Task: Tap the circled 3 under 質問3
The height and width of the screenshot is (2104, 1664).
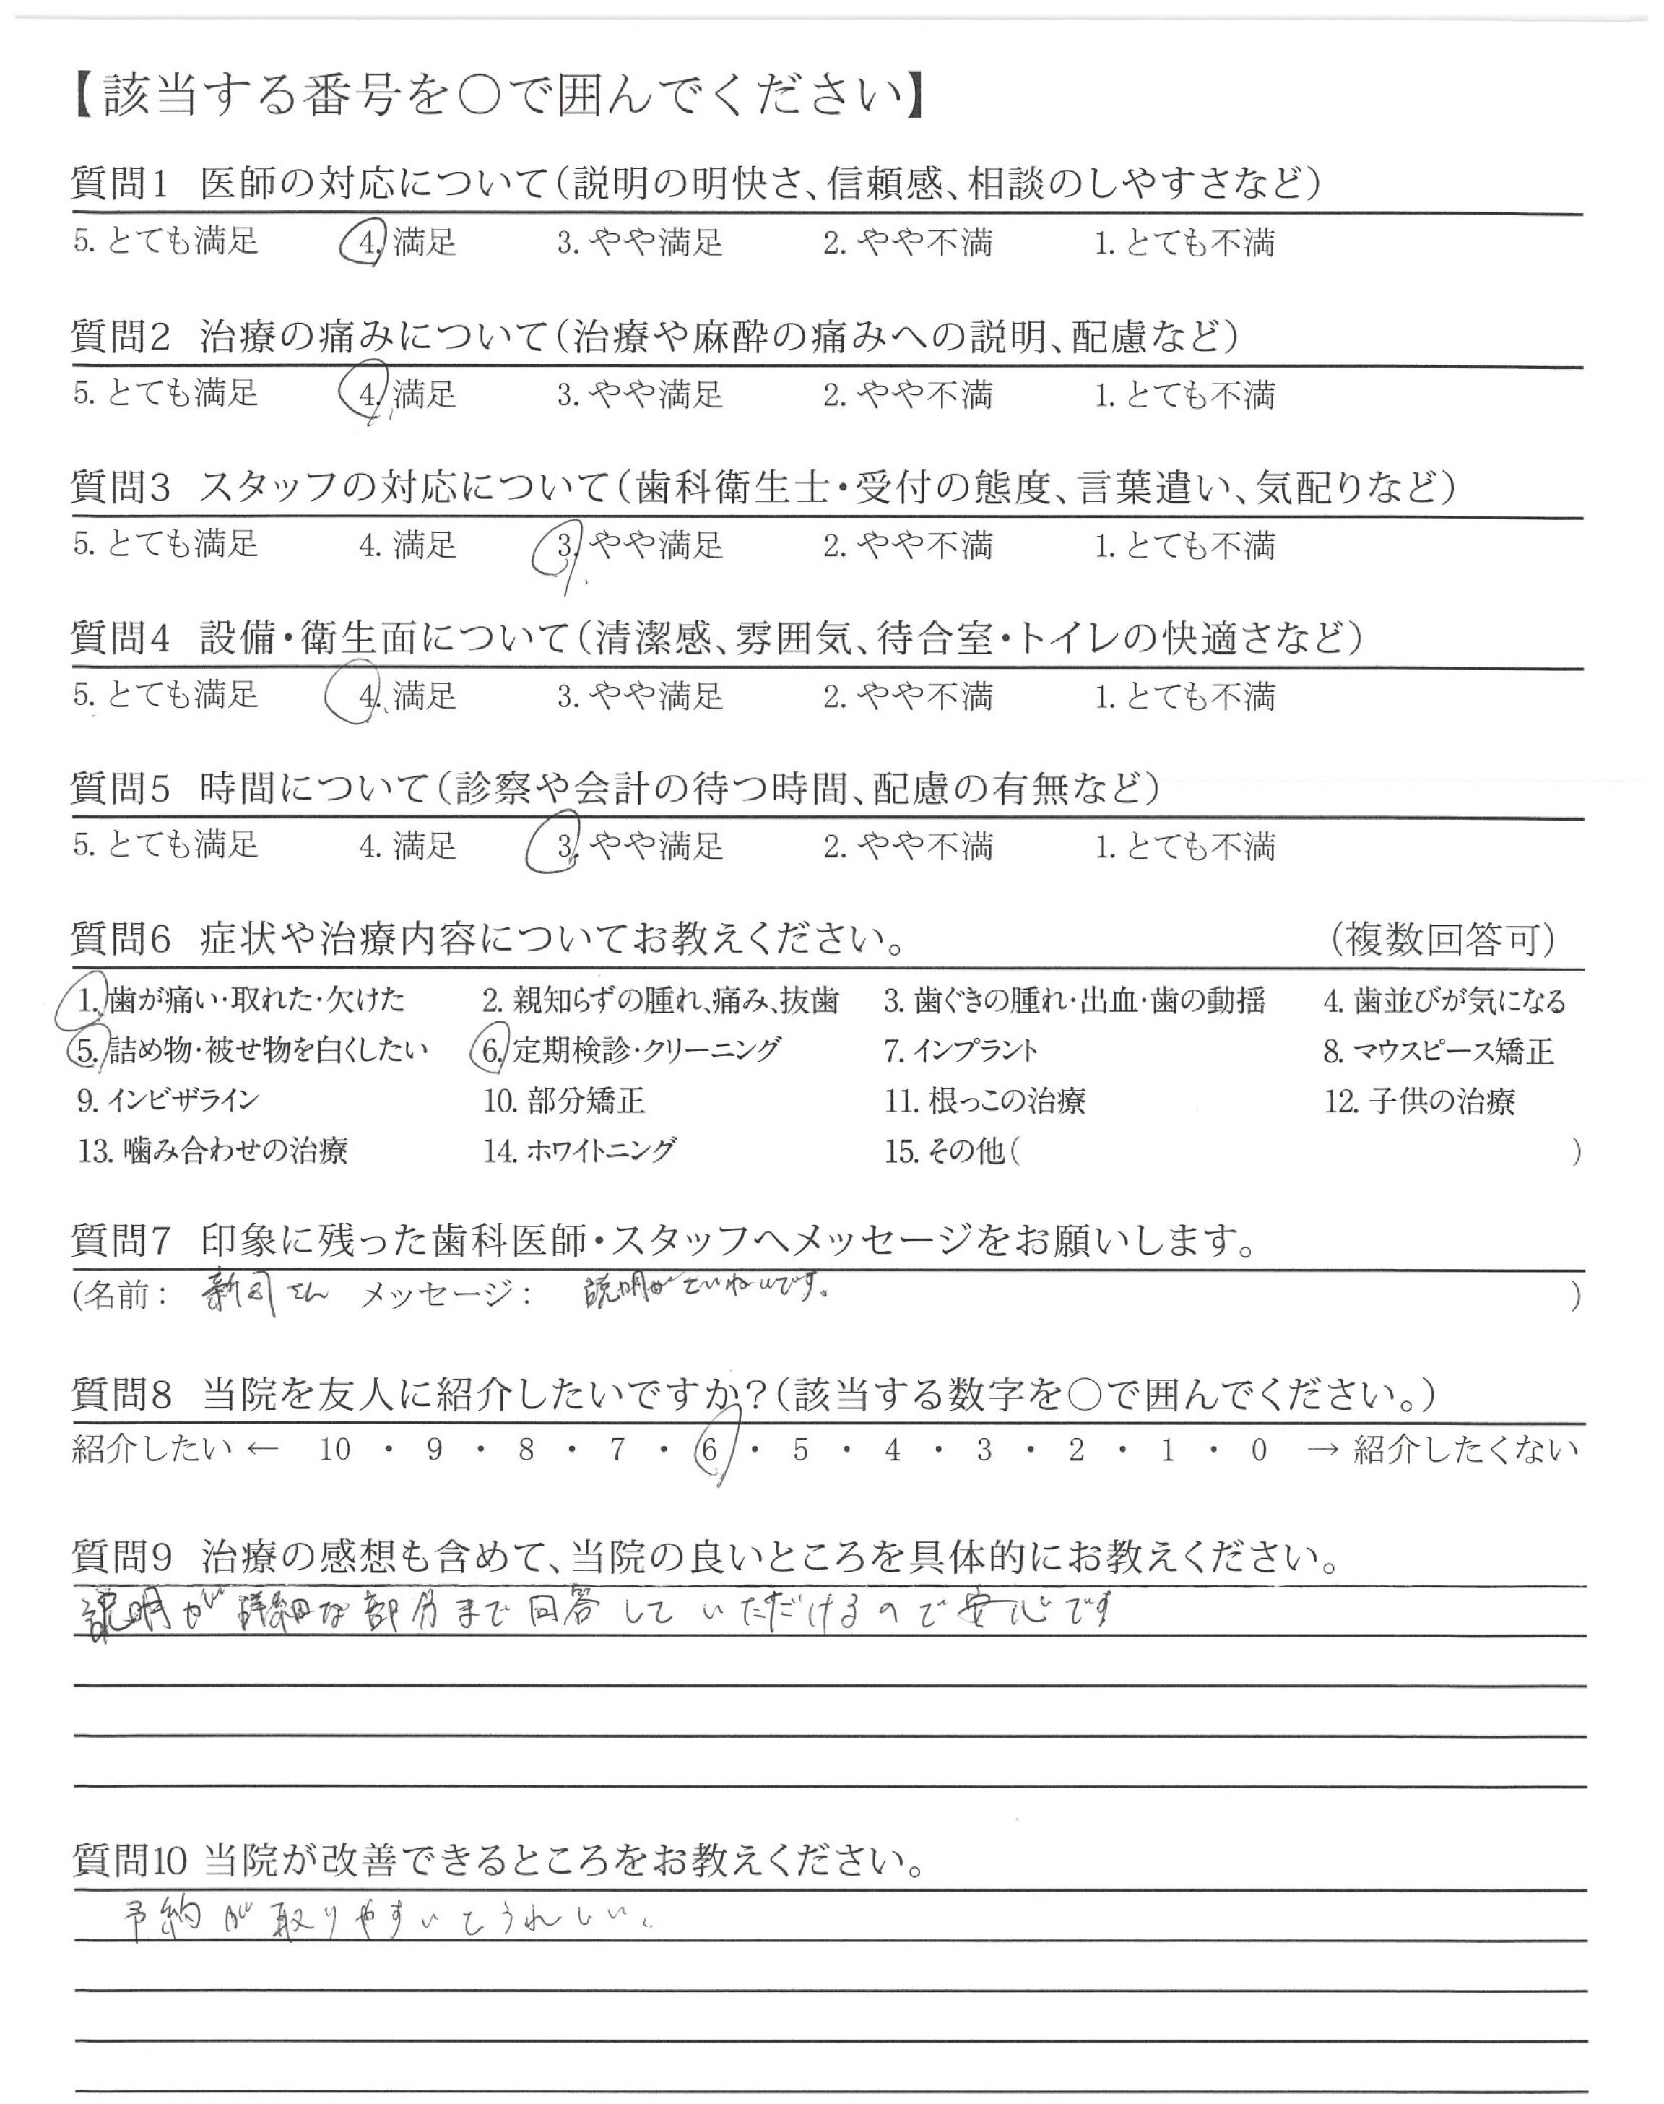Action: pyautogui.click(x=564, y=547)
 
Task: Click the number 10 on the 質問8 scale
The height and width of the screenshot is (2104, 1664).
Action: pyautogui.click(x=334, y=1450)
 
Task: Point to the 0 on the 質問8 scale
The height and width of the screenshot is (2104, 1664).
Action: pyautogui.click(x=1259, y=1450)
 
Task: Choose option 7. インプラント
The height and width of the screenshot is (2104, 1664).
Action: pyautogui.click(x=961, y=1051)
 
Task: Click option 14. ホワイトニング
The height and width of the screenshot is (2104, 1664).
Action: pyautogui.click(x=578, y=1151)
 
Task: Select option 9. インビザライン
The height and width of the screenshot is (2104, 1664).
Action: pyautogui.click(x=168, y=1101)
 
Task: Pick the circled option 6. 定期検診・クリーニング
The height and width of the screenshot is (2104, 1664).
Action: pyautogui.click(x=631, y=1050)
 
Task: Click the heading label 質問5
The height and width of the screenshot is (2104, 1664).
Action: pyautogui.click(x=121, y=788)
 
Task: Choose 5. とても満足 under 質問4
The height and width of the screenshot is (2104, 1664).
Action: pyautogui.click(x=165, y=696)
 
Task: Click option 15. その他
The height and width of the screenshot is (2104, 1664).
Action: pyautogui.click(x=945, y=1151)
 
